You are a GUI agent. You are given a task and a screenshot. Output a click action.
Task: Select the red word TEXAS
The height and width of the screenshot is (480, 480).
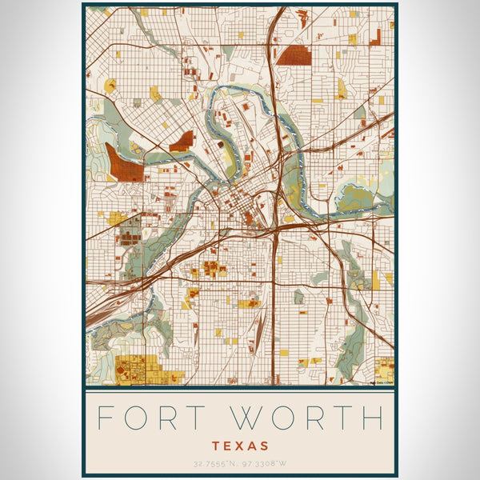(240, 445)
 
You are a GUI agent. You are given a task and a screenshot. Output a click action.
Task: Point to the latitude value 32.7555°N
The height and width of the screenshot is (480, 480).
(210, 464)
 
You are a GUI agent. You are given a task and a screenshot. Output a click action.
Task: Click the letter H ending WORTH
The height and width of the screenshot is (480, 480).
(372, 418)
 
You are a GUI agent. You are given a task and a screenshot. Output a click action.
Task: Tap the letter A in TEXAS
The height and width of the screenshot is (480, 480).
(252, 445)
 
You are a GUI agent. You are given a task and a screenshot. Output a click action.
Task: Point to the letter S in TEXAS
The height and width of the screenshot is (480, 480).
(263, 445)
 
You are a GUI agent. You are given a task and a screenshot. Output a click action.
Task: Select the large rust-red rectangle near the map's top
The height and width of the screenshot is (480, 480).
(294, 54)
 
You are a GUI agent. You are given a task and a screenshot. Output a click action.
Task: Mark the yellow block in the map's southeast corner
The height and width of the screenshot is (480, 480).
(385, 369)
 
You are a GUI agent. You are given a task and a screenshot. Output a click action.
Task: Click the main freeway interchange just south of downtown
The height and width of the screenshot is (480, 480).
(273, 229)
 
